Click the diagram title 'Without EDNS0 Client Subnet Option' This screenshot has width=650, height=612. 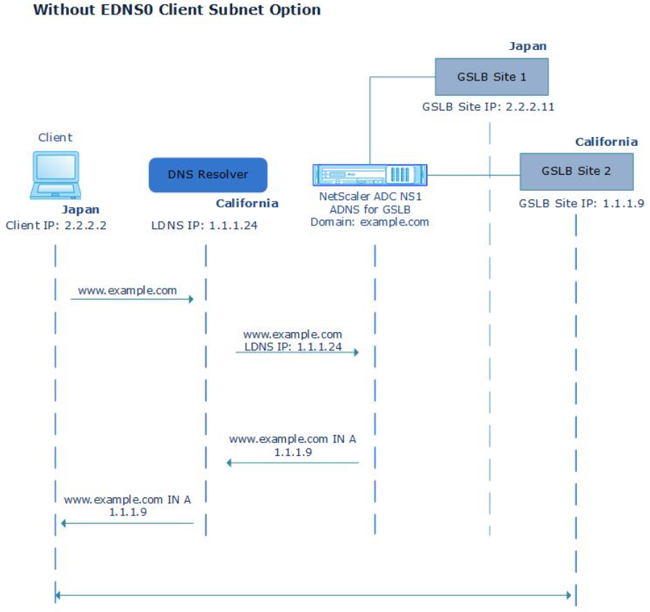(x=178, y=11)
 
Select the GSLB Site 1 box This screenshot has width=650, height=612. (x=490, y=77)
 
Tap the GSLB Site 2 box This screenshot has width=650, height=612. (x=576, y=171)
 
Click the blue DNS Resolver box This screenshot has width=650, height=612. (x=207, y=175)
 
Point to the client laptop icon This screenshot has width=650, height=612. (x=54, y=174)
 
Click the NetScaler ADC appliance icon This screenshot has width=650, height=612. (x=370, y=175)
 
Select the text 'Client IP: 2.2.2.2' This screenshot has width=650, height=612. (x=56, y=225)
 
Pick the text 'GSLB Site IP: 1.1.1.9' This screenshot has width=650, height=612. (x=581, y=204)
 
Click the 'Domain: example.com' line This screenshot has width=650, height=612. (x=370, y=222)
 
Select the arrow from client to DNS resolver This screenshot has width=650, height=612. (x=131, y=298)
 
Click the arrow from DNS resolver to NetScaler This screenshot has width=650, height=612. (x=297, y=352)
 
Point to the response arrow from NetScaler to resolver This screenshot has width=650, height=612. (x=293, y=462)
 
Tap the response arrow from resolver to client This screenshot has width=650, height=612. (x=128, y=522)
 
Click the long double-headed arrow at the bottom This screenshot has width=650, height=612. (x=313, y=595)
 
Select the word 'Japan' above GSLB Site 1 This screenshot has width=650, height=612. (x=527, y=46)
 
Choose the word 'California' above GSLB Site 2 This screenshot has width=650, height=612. (x=606, y=141)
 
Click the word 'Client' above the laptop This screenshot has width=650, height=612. (x=55, y=137)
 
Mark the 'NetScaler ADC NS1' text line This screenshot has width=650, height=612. (x=370, y=197)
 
